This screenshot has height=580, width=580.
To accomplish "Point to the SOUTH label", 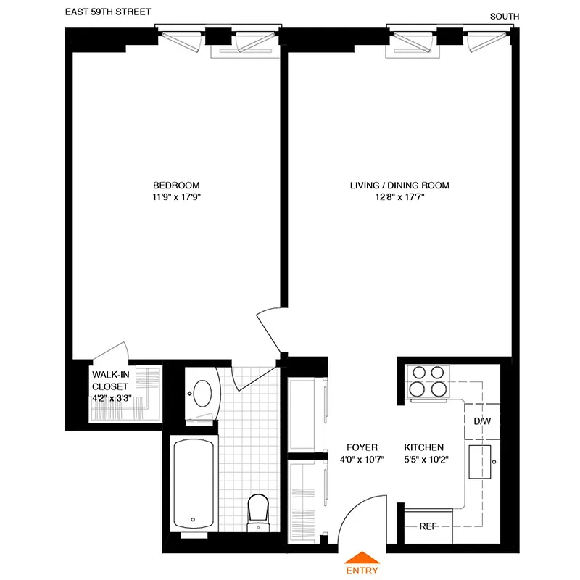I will (505, 17).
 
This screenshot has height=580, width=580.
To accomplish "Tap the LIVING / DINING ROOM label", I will (399, 186).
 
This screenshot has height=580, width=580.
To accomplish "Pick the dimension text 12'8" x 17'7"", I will (399, 198).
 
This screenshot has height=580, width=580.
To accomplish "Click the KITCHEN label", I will (423, 447).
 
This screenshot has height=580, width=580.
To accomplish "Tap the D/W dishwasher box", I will (481, 421).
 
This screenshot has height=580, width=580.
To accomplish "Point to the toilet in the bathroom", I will (258, 510).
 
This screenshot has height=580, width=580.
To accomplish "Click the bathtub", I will (193, 483).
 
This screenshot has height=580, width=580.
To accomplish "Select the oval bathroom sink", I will (202, 394).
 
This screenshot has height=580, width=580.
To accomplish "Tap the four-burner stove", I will (427, 381).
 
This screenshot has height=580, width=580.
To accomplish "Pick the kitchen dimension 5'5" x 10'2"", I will (423, 459).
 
